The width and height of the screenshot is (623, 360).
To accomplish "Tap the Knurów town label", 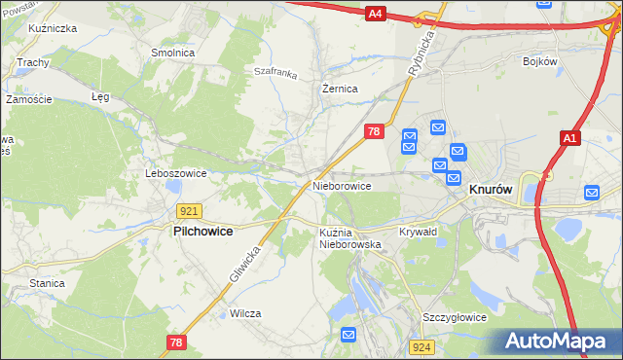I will coord(492,192).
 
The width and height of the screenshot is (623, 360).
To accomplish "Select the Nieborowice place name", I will coord(342,185).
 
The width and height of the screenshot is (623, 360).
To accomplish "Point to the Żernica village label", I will coord(340,89).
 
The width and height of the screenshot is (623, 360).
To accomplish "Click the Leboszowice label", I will coord(176,173).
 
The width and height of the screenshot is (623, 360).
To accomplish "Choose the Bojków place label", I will coord(539,61).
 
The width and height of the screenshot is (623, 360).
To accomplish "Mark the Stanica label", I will coord(46,283).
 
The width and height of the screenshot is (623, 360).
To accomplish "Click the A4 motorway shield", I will coord(376,14).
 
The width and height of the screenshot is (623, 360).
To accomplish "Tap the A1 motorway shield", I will coord(569,140).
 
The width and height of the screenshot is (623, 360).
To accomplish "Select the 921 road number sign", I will coord(190,211).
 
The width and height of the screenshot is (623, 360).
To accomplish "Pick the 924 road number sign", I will coord(421,346).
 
